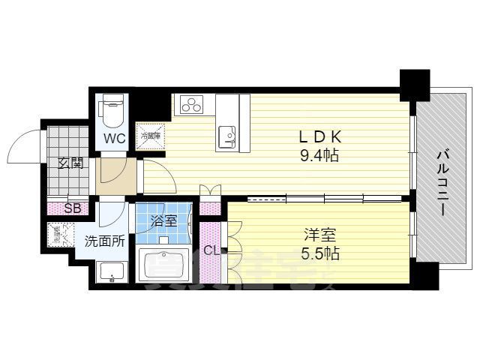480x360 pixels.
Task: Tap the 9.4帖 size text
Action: click(319, 156)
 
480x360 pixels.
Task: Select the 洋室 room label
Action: click(321, 234)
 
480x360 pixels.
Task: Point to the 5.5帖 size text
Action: click(321, 253)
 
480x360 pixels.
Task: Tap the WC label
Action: click(115, 138)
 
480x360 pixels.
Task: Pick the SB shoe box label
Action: click(73, 208)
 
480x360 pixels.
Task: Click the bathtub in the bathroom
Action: click(166, 266)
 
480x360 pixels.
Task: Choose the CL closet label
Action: click(211, 250)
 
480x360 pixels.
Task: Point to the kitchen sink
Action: click(227, 136)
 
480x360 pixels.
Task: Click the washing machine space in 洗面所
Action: click(59, 235)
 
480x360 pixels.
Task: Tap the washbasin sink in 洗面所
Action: click(111, 273)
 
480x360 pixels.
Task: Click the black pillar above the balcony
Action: click(414, 84)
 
